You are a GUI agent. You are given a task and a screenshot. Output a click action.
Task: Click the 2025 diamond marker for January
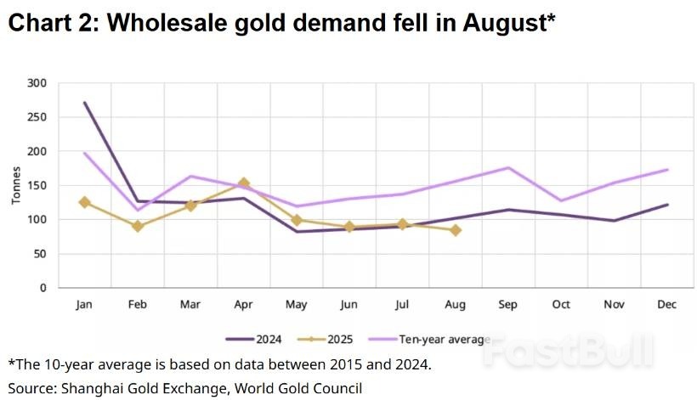(84, 202)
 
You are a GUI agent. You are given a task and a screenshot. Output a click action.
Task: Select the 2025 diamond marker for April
(243, 183)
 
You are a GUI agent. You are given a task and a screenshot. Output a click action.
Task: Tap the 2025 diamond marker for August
(456, 230)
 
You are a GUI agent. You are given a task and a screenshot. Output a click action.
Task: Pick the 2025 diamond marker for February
(137, 226)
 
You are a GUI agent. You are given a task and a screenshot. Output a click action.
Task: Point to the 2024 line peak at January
(84, 103)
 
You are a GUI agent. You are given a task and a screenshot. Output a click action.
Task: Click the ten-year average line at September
(508, 167)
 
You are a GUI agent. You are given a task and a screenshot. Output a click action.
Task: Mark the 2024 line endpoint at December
(667, 205)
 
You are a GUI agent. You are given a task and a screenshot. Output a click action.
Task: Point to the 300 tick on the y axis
(37, 83)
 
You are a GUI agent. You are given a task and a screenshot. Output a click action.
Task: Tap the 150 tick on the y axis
(37, 185)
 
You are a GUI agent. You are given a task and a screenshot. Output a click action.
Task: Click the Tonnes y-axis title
(16, 185)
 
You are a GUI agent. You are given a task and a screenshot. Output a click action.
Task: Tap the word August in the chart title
(504, 24)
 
